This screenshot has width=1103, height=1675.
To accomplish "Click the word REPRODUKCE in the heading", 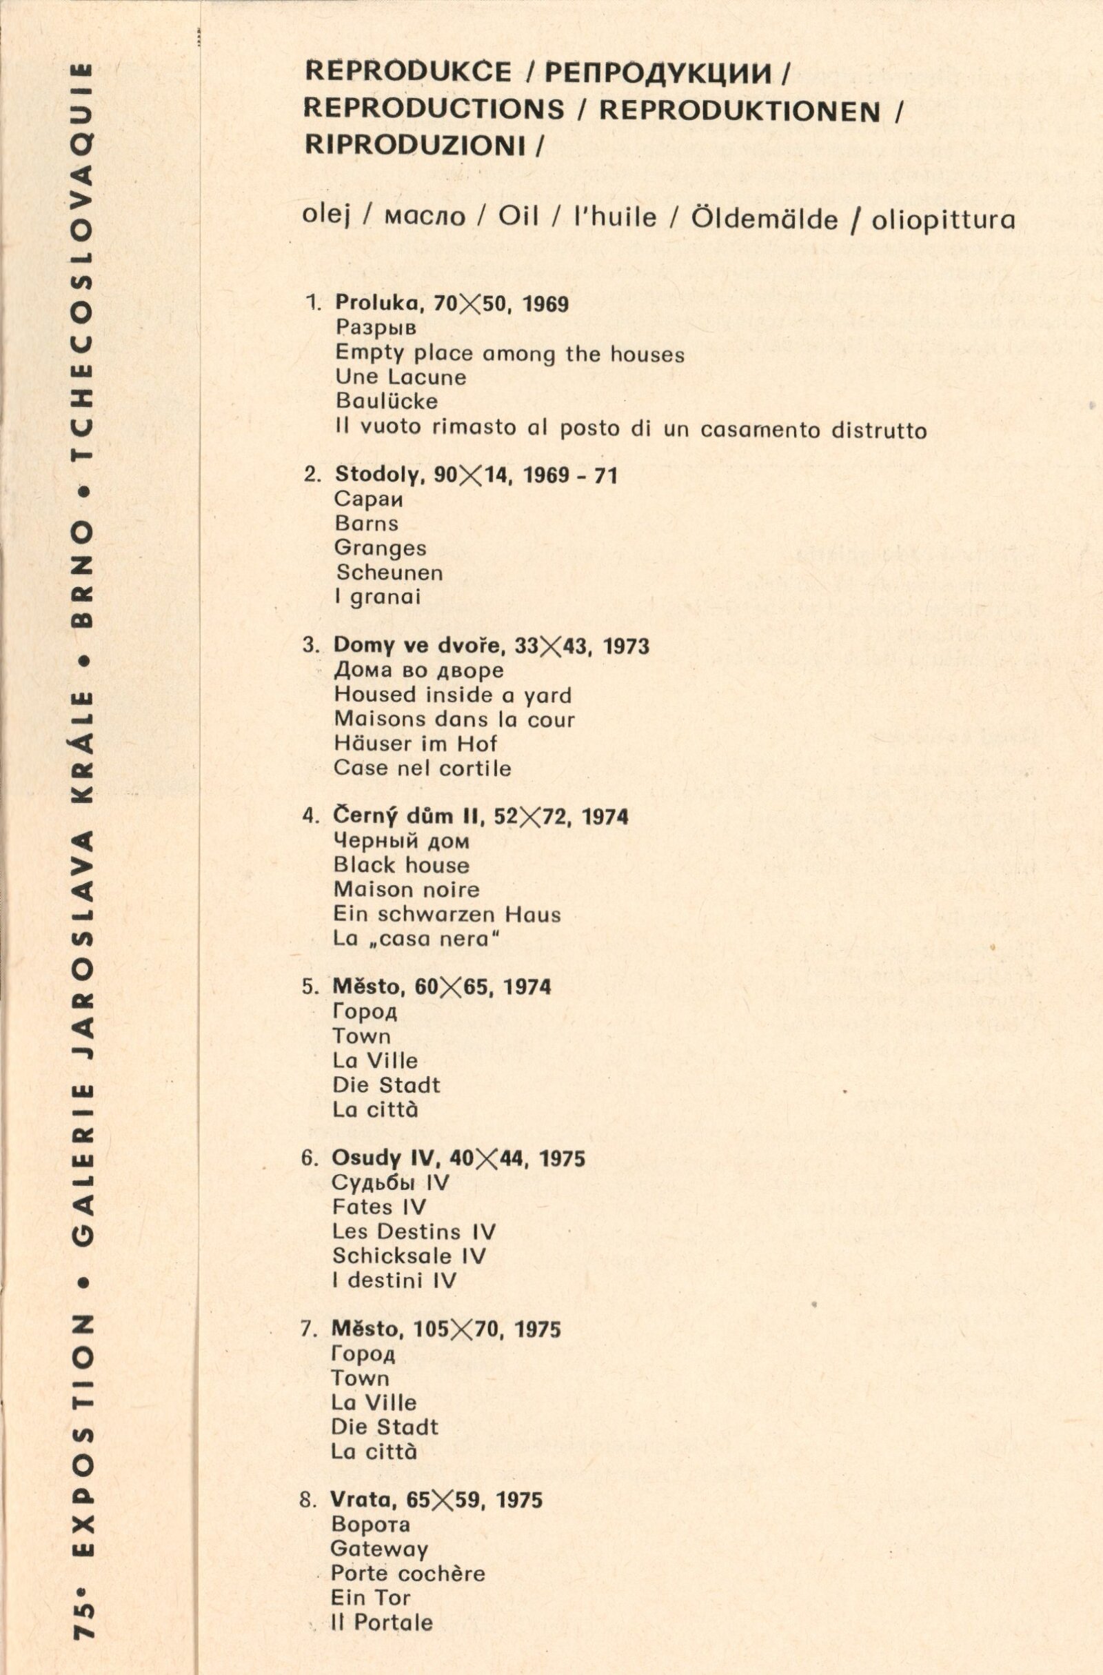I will [407, 72].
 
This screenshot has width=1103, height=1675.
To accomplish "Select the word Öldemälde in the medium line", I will [764, 219].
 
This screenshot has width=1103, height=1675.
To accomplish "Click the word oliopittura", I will [943, 220].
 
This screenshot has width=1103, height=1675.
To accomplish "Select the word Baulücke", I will [386, 401].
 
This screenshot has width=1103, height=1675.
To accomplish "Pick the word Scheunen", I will [389, 572].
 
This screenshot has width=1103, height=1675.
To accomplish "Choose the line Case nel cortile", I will [422, 768].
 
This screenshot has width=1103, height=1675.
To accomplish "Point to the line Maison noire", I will [406, 889].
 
